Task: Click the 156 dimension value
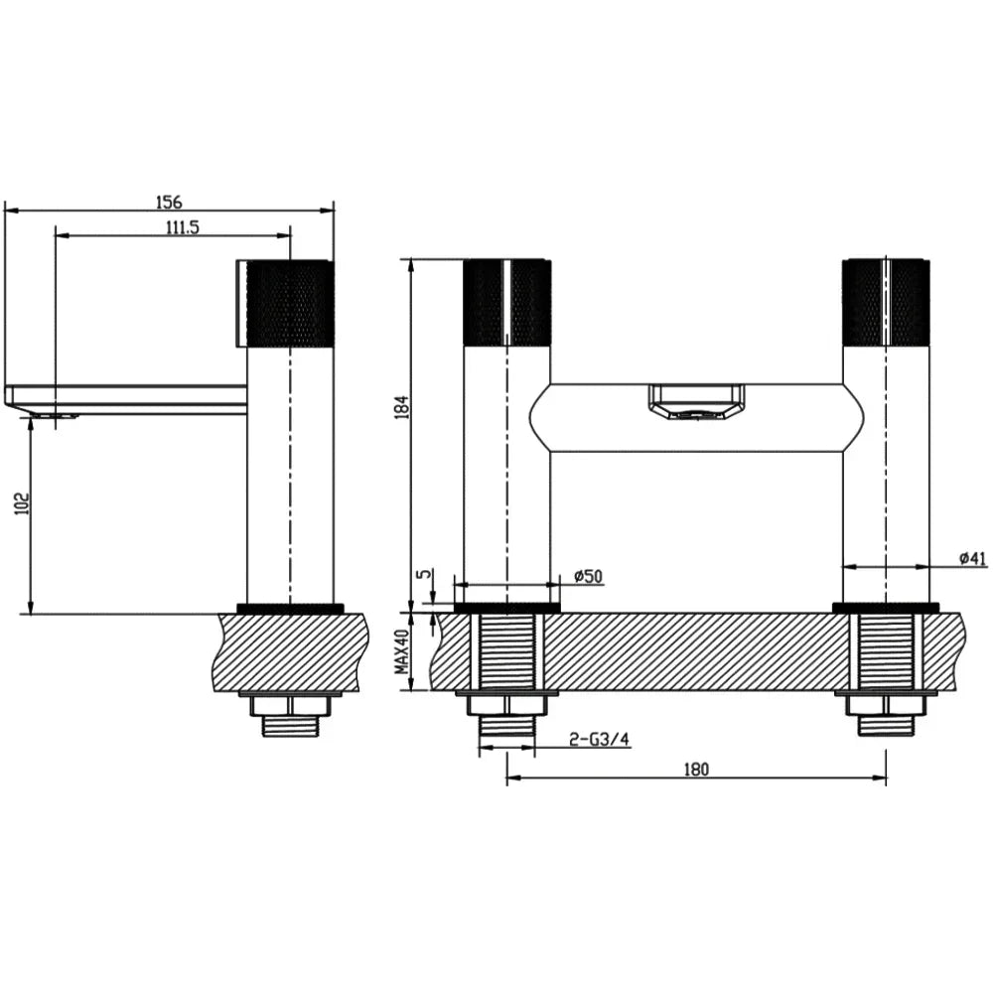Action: [169, 201]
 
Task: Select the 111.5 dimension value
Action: [182, 227]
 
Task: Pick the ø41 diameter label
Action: [972, 559]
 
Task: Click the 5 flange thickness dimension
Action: [424, 575]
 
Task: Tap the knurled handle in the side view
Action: [288, 304]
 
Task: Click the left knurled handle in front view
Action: [507, 302]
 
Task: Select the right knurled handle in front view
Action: [886, 302]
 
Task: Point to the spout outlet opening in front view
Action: [694, 402]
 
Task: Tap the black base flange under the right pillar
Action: [885, 607]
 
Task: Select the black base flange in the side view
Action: [290, 608]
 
